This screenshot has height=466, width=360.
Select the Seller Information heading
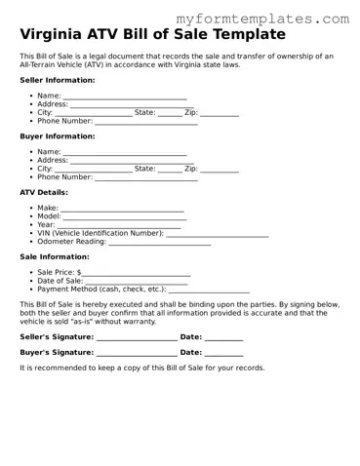click(58, 80)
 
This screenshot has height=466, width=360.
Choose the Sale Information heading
click(55, 256)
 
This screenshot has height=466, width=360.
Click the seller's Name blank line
click(124, 97)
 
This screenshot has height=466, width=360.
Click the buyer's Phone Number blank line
click(145, 177)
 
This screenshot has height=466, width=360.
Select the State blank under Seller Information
click(170, 113)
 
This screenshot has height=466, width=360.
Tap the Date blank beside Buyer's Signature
click(223, 352)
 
